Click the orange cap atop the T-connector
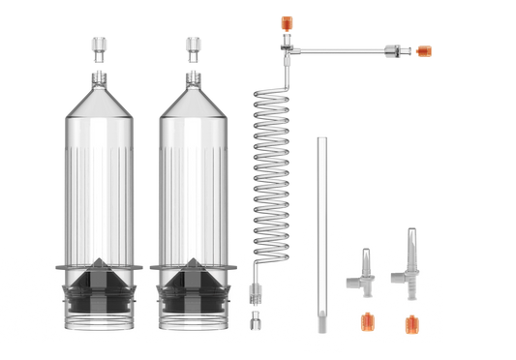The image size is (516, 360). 285,19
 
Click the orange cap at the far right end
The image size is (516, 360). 425,50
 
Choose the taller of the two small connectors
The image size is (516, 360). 409,256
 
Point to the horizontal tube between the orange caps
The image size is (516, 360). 344,48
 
